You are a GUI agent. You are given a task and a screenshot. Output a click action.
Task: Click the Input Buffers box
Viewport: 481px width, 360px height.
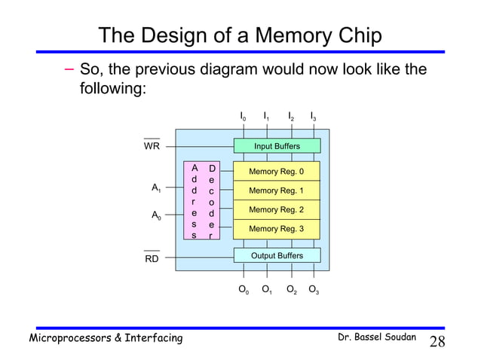[277, 146]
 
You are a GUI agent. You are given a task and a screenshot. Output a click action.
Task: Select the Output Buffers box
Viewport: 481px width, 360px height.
[277, 255]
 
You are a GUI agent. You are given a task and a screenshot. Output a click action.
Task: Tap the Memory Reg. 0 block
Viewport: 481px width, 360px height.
[277, 172]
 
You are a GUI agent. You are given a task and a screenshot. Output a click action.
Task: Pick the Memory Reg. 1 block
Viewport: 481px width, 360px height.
[277, 191]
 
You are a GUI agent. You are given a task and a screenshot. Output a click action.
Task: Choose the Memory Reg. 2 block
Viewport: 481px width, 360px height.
[277, 209]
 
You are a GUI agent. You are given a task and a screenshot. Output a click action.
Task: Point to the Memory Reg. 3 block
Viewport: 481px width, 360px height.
[277, 228]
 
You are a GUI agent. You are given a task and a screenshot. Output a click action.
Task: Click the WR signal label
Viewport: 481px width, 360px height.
[152, 147]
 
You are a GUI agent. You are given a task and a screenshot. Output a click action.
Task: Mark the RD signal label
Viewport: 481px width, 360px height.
[152, 258]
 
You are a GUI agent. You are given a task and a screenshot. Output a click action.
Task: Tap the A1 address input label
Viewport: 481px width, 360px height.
[155, 188]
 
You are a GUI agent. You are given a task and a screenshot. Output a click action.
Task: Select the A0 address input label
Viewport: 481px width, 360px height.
[155, 216]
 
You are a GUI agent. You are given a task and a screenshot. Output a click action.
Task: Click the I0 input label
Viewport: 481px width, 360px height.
[242, 117]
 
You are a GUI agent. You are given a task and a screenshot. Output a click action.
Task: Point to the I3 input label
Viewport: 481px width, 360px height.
[313, 117]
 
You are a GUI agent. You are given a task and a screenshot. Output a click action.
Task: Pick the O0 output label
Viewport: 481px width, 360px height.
[243, 290]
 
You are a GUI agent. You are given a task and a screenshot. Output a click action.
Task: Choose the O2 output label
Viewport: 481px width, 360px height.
[291, 290]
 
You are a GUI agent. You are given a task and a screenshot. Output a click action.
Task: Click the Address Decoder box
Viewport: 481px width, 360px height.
[203, 200]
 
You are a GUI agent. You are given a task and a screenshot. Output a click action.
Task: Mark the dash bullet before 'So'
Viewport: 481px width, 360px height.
[69, 71]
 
